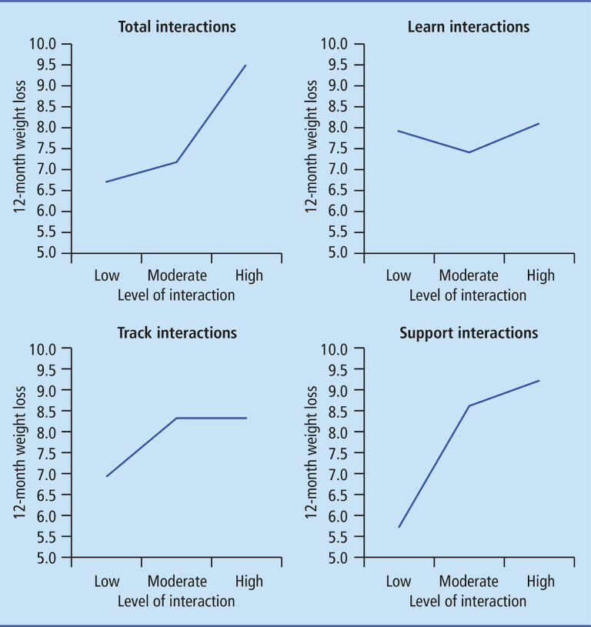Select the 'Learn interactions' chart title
[x=468, y=28]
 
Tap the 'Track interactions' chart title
[x=177, y=333]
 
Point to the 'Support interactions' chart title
[x=468, y=333]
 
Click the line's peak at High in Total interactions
[x=246, y=65]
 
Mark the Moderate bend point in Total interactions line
[x=177, y=162]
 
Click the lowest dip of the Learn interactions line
[x=468, y=152]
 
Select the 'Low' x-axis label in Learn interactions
[x=398, y=275]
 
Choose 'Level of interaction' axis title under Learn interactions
[x=468, y=295]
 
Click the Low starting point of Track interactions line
[x=107, y=476]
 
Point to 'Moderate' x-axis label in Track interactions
[x=177, y=581]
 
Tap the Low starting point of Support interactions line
[x=399, y=527]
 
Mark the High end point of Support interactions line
[x=539, y=380]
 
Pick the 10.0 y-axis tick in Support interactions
[x=336, y=349]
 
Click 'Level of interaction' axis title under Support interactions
[x=468, y=601]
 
